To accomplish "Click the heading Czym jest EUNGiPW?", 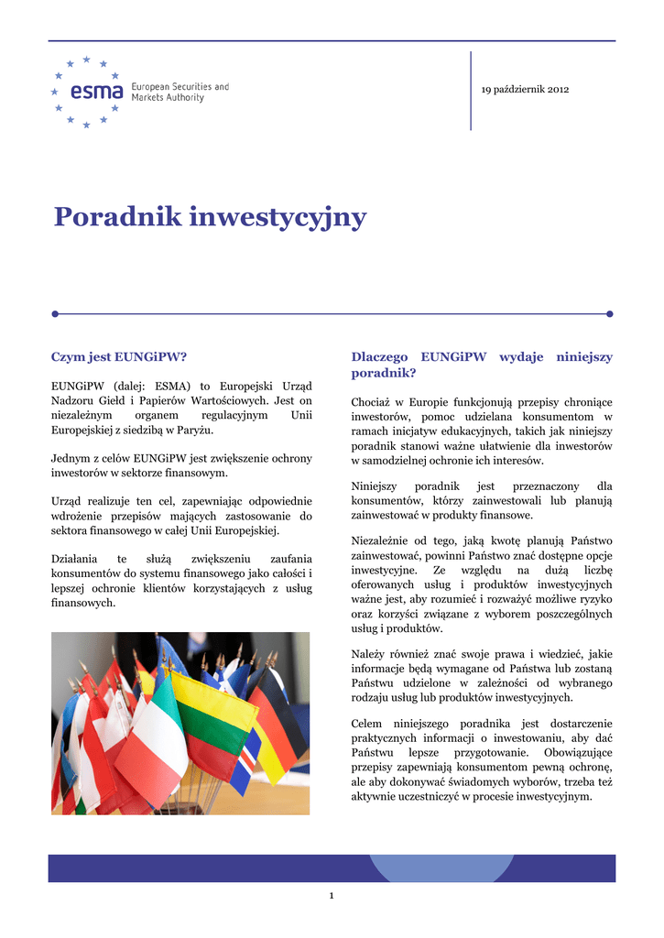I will tap(118, 356).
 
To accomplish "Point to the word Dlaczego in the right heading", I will tap(378, 356).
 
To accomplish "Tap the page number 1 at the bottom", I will tap(332, 895).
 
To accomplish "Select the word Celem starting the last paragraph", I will tap(367, 737).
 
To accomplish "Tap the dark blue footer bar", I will tap(332, 867).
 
